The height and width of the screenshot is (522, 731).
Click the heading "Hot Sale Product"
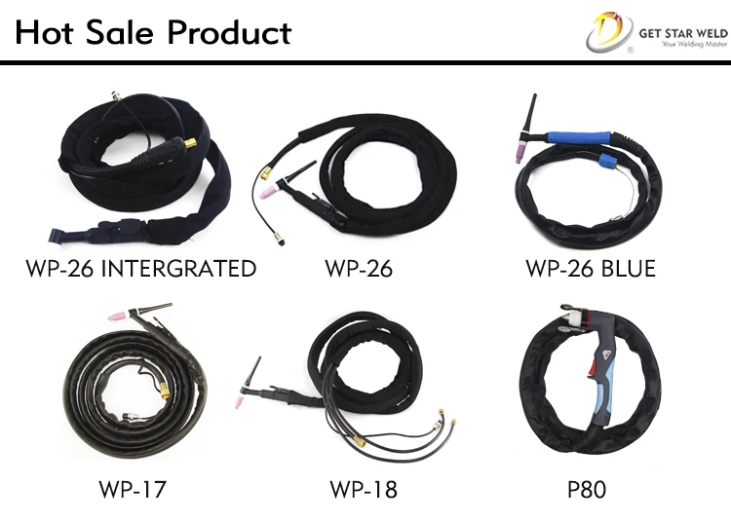coord(152,33)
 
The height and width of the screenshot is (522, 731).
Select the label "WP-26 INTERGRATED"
coord(141,268)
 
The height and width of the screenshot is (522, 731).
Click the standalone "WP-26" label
coord(360,268)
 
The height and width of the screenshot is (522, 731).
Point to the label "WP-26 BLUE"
coord(591,268)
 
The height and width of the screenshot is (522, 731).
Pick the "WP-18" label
coord(363,488)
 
